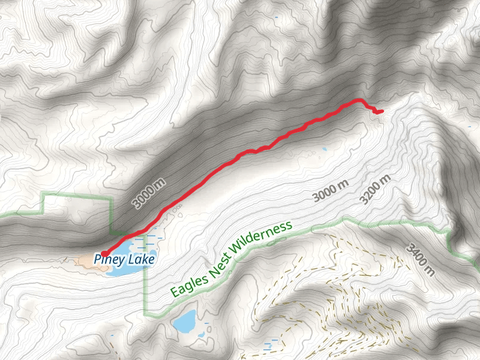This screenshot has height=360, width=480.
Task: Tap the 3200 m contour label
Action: [x=376, y=190]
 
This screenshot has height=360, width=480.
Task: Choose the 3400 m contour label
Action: [x=420, y=259]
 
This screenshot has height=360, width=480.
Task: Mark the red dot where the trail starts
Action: [x=104, y=254]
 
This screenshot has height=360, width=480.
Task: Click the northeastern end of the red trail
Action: [x=381, y=110]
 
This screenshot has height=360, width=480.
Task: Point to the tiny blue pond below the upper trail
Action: [x=325, y=148]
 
